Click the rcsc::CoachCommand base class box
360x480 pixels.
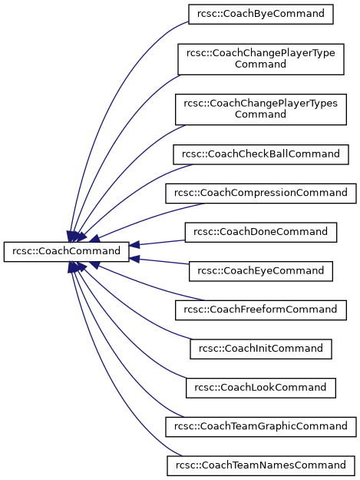click(66, 252)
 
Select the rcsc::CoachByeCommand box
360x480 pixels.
click(260, 14)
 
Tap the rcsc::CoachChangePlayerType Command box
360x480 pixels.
click(260, 59)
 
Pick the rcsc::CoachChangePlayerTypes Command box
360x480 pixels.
click(260, 109)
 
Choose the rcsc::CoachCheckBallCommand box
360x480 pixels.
click(260, 154)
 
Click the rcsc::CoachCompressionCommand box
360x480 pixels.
click(260, 194)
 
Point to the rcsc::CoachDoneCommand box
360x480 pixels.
click(260, 232)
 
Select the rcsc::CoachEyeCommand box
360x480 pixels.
click(260, 271)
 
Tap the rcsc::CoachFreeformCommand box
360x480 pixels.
click(260, 310)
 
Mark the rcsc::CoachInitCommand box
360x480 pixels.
click(260, 349)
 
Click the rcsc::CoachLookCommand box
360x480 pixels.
click(260, 388)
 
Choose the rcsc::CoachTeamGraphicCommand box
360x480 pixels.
click(260, 427)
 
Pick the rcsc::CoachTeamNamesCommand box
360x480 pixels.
click(260, 465)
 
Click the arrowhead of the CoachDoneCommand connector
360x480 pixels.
click(134, 244)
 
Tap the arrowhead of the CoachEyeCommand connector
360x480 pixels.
click(134, 259)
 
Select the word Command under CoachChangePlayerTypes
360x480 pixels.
click(260, 114)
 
